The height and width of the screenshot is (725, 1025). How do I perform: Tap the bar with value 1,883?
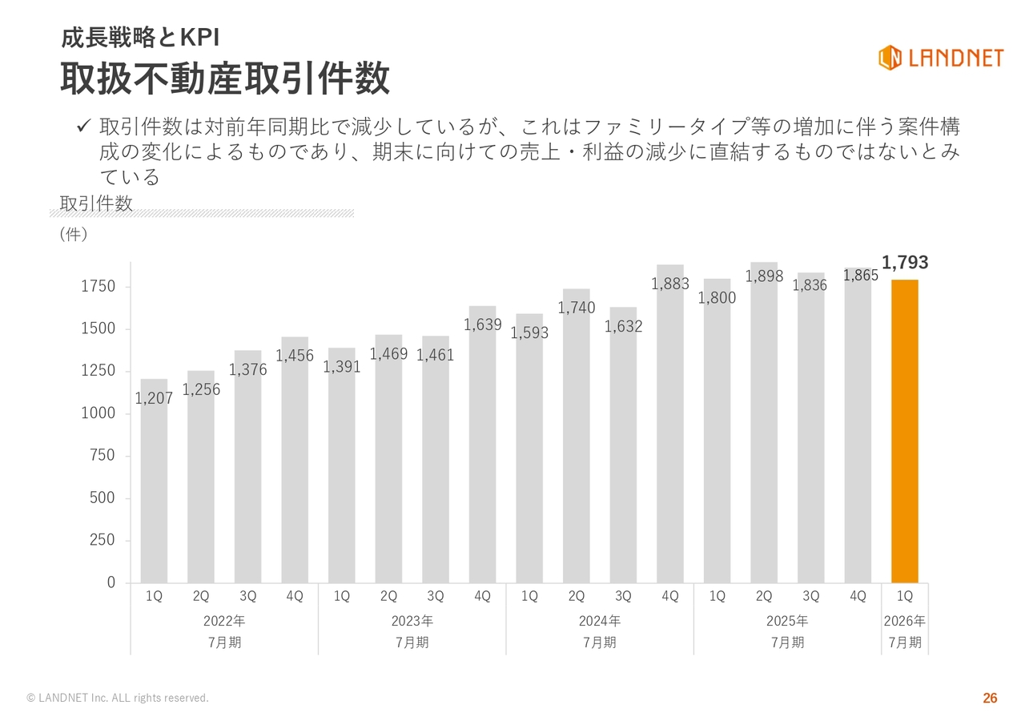click(x=670, y=433)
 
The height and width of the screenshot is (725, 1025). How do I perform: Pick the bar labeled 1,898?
click(x=764, y=433)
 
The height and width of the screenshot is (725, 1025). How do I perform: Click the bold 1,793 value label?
click(x=905, y=263)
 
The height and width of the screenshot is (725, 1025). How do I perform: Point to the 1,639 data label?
click(x=483, y=325)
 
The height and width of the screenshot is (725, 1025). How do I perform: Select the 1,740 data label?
click(x=577, y=308)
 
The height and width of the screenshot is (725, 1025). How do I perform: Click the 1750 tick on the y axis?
click(x=98, y=287)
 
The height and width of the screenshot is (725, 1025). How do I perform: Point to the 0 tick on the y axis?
click(x=111, y=582)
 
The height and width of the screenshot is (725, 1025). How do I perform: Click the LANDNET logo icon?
click(x=890, y=58)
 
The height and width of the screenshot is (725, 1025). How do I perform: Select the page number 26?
click(x=990, y=699)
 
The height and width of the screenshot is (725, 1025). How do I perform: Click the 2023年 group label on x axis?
click(x=412, y=621)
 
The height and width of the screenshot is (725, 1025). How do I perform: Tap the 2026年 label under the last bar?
click(x=905, y=621)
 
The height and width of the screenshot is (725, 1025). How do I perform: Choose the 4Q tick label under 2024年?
click(x=670, y=597)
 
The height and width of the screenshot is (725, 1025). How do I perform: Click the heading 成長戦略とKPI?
click(x=140, y=38)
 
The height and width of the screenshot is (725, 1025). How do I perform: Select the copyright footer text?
click(x=118, y=699)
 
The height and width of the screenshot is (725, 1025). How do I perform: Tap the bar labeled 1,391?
click(x=342, y=473)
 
